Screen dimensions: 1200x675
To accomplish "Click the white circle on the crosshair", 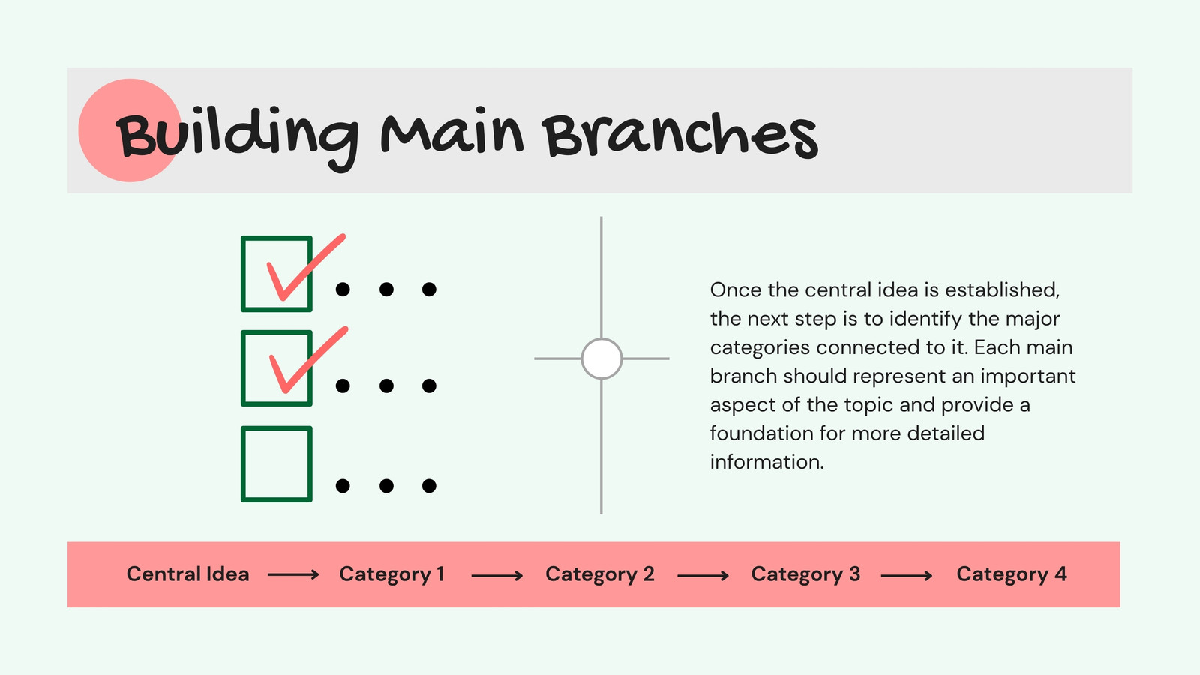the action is point(601,358).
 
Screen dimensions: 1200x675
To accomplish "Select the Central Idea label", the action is point(188,574).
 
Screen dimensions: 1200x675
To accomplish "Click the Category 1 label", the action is point(391,574).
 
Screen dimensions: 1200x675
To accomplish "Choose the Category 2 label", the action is point(599,574).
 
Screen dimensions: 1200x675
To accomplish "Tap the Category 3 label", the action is point(805,574).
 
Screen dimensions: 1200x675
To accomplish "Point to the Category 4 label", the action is point(1012,574).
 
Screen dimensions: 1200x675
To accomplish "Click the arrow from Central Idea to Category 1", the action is point(293,575).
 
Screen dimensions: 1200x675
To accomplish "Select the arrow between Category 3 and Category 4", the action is point(907,576).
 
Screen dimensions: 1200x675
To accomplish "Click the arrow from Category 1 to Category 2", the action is point(497,576).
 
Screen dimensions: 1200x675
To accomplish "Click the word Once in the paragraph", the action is point(736,289).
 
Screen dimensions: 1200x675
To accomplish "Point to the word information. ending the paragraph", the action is point(766,462).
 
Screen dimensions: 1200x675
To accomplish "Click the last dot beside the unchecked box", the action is point(429,486).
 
